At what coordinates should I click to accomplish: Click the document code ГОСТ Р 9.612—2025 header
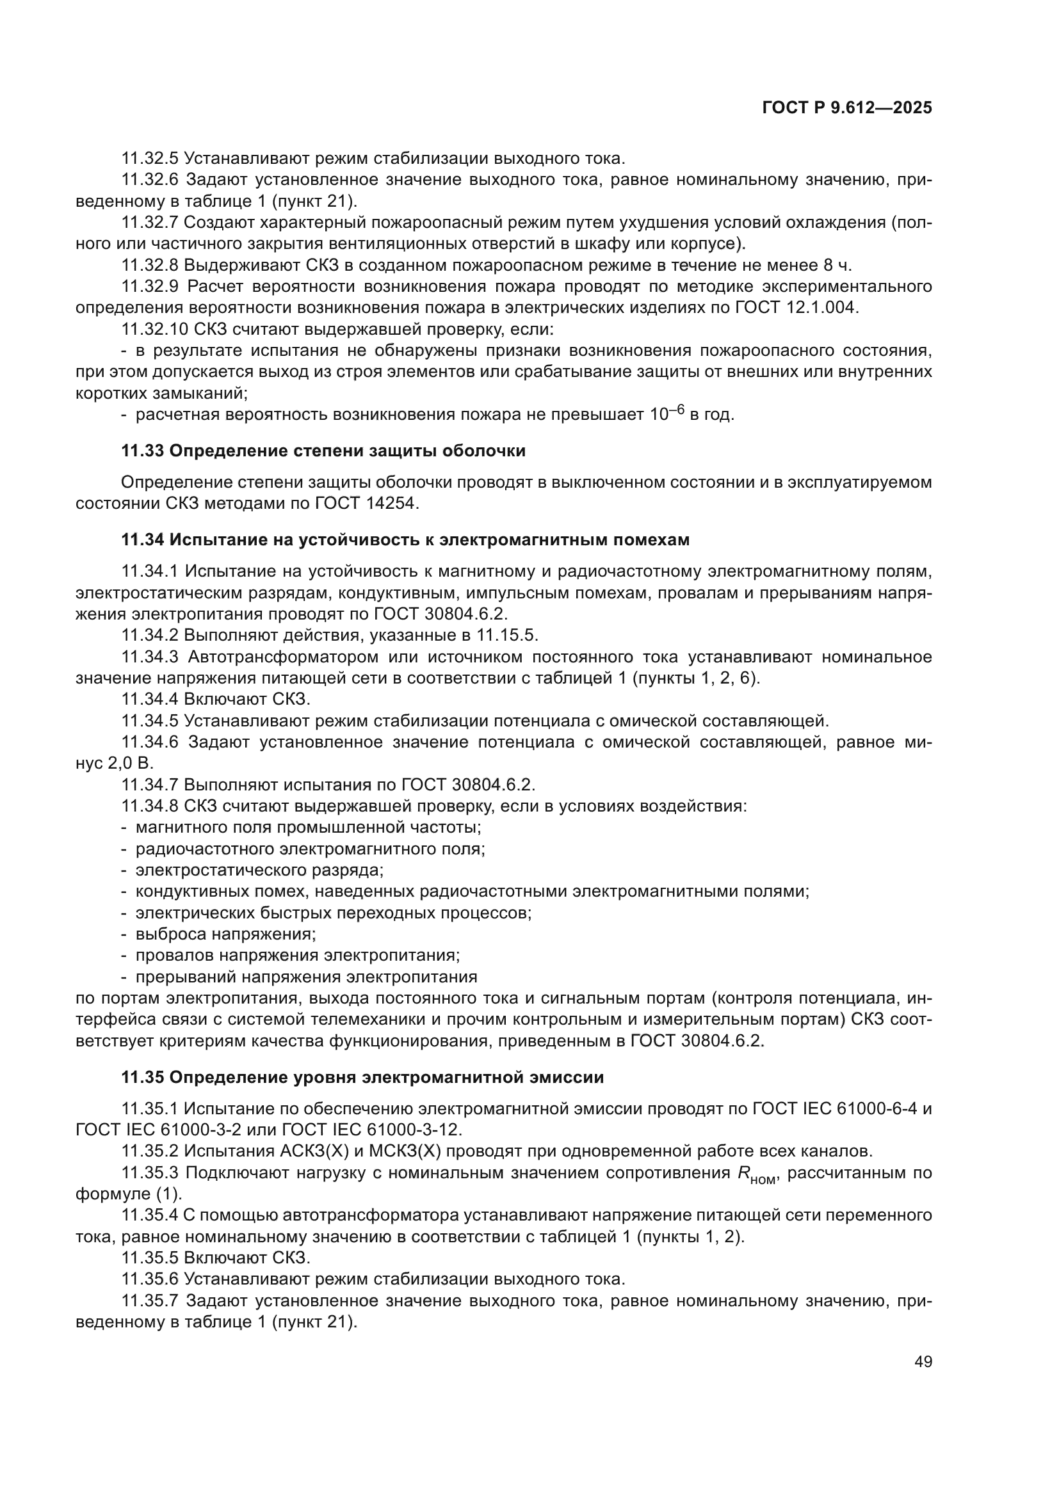tap(846, 108)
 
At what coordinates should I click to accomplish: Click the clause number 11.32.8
tap(150, 266)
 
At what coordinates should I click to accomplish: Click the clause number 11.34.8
tap(150, 806)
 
